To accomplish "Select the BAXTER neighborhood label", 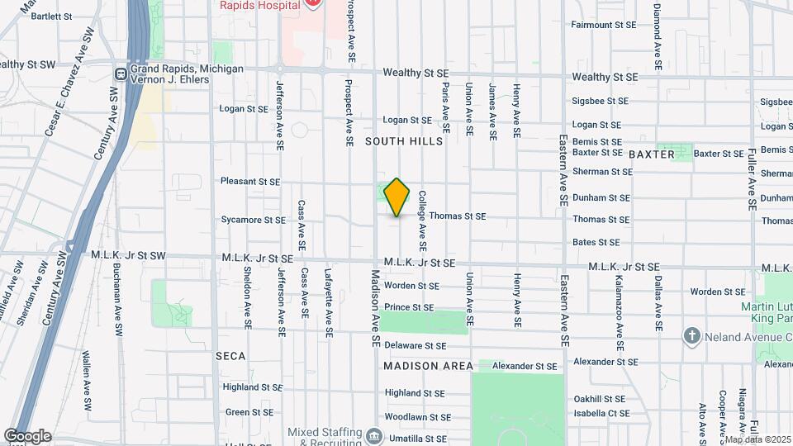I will pyautogui.click(x=652, y=154).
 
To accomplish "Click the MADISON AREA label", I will pyautogui.click(x=428, y=366).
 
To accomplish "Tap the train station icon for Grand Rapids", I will pyautogui.click(x=121, y=74).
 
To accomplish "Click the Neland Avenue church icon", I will pyautogui.click(x=691, y=336).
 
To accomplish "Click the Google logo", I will pyautogui.click(x=27, y=436).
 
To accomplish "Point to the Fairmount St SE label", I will pyautogui.click(x=603, y=25).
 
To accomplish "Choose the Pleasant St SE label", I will pyautogui.click(x=250, y=182).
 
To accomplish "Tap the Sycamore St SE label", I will pyautogui.click(x=253, y=221).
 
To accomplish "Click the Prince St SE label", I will pyautogui.click(x=409, y=307).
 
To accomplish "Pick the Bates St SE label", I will pyautogui.click(x=596, y=243).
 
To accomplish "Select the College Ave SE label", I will pyautogui.click(x=422, y=221).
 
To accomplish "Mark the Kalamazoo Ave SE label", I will pyautogui.click(x=619, y=301).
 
